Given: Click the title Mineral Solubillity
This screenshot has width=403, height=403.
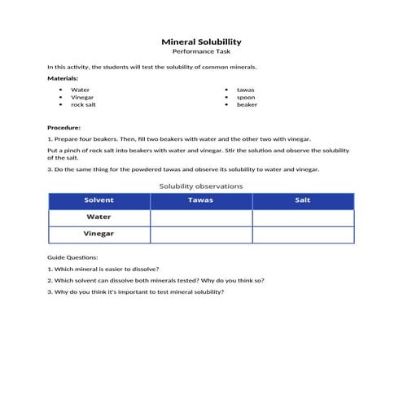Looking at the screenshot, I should (x=201, y=41).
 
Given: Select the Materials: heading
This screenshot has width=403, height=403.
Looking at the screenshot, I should (x=63, y=78).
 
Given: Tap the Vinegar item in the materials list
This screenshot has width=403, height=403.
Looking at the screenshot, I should (x=82, y=97).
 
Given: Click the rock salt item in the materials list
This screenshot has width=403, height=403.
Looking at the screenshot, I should (x=84, y=104).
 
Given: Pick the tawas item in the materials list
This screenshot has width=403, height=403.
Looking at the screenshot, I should (x=245, y=90).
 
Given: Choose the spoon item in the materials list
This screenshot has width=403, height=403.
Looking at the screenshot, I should (x=246, y=97).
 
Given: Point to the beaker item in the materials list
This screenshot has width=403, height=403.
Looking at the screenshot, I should (x=247, y=104).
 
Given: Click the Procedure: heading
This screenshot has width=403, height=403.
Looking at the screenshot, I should (x=64, y=128).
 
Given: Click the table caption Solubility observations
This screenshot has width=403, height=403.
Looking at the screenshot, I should (x=201, y=186).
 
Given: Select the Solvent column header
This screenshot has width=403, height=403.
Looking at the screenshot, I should (x=99, y=200).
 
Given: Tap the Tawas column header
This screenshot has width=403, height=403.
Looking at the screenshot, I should (x=201, y=200).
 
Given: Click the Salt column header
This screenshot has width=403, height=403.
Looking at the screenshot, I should (x=303, y=200).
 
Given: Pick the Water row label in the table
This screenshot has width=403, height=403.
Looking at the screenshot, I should (x=99, y=217).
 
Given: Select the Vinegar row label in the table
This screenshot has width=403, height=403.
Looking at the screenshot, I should (x=99, y=234).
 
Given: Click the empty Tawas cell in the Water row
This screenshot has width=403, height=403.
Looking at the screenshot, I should (x=201, y=217).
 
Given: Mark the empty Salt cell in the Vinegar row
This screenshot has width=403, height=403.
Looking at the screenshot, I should (x=303, y=234).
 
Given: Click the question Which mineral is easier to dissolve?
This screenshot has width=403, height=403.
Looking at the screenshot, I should (x=103, y=269).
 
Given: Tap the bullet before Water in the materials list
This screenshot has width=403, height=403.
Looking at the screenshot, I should (x=60, y=90).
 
